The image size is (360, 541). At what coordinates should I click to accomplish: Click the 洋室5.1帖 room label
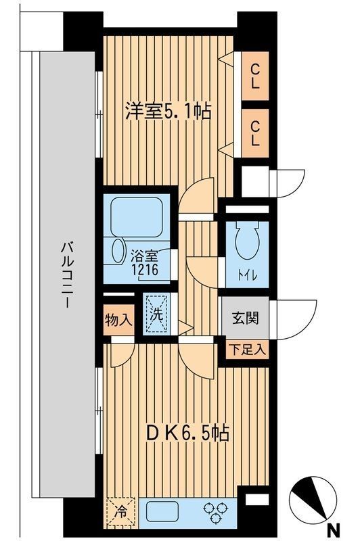click(167, 112)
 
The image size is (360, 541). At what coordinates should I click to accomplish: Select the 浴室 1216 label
click(144, 263)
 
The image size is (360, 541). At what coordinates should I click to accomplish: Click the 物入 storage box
click(119, 318)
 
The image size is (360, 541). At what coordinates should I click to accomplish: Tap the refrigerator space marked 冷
click(120, 510)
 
